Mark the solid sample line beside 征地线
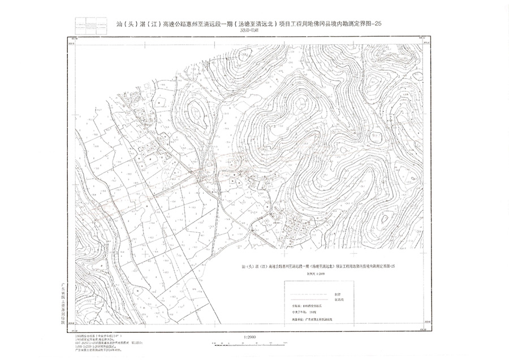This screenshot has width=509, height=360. coord(305,300)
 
